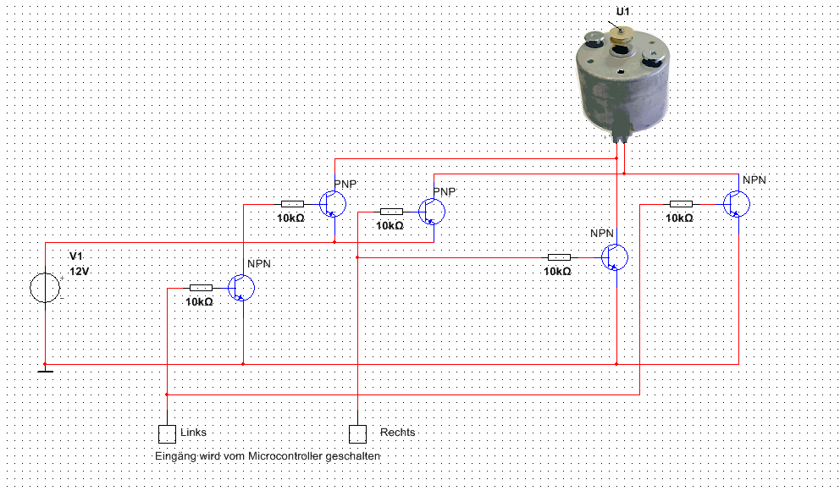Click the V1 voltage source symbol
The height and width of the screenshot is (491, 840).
point(45,288)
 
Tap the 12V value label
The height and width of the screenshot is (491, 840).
point(79,273)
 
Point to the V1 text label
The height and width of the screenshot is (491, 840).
point(76,257)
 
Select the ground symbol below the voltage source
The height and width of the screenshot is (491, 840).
point(45,367)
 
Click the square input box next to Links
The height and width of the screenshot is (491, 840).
point(167,433)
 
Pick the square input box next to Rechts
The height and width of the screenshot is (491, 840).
point(358,433)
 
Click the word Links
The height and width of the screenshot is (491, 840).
point(193,433)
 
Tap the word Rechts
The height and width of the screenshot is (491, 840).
point(398,433)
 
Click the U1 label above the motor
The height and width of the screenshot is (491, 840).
point(623,12)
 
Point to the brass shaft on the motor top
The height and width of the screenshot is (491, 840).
point(624,33)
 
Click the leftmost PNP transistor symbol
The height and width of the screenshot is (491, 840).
point(334,204)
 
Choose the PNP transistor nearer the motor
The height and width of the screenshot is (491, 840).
point(433,211)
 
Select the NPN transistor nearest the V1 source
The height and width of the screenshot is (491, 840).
point(242,288)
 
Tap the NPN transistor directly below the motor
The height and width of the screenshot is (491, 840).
point(615,257)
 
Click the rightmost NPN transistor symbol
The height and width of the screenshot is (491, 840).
point(738,204)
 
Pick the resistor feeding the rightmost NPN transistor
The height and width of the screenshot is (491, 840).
point(681,204)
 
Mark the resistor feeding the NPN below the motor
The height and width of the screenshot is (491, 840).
point(559,257)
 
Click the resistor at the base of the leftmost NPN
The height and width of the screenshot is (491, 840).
point(201,288)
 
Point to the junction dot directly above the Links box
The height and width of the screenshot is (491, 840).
point(167,394)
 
